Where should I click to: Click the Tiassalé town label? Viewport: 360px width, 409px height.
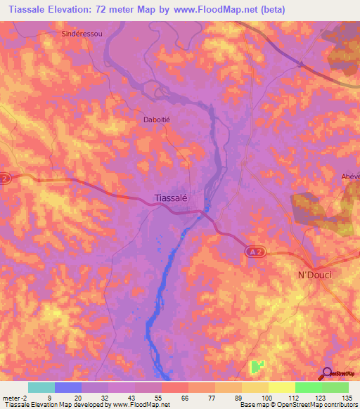pos(170,198)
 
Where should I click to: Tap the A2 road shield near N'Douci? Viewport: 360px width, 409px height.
pos(256,251)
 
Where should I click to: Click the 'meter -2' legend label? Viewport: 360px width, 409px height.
pos(15,397)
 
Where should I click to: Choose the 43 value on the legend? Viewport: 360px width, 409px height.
pos(129,397)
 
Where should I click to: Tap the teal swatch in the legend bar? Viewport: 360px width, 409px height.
pos(41,387)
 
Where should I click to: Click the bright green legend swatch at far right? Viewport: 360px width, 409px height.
pos(335,387)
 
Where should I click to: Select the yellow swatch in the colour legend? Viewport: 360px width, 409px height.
pos(281,387)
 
